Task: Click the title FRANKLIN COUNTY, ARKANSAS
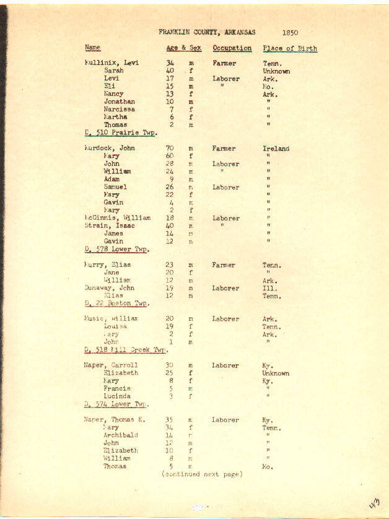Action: pos(206,32)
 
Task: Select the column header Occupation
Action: pos(232,48)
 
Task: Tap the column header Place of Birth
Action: pos(289,48)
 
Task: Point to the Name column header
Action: pos(92,48)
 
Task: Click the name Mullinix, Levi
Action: pos(111,63)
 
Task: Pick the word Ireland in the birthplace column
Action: pos(276,149)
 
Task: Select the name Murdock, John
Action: pos(109,149)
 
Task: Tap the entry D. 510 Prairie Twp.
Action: pos(120,133)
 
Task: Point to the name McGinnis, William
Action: pos(116,218)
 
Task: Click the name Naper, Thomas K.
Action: pos(114,420)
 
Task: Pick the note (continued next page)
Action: pos(201,474)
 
